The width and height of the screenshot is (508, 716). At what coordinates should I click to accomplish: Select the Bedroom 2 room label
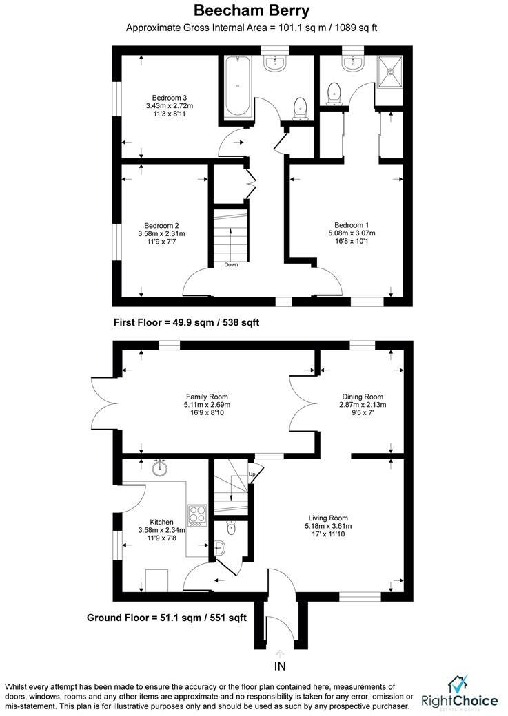click(161, 225)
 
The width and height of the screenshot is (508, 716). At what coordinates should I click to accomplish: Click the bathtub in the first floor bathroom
click(238, 87)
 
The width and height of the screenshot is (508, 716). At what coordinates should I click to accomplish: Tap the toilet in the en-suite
click(335, 92)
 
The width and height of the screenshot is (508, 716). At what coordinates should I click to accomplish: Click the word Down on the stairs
click(230, 264)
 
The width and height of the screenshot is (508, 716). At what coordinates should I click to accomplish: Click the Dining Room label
click(363, 397)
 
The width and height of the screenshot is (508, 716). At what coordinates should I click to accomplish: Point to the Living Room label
click(327, 518)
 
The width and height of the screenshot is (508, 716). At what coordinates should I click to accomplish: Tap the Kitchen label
click(161, 522)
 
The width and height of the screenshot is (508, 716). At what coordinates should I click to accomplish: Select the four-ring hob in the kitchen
click(198, 515)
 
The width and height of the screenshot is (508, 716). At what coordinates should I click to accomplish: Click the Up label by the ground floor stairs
click(252, 474)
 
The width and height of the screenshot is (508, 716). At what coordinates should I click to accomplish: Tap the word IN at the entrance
click(279, 666)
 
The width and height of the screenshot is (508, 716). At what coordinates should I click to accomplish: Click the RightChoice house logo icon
click(457, 684)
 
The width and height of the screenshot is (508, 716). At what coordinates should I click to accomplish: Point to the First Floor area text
click(185, 322)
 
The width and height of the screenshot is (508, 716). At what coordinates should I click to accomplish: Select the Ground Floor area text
click(166, 618)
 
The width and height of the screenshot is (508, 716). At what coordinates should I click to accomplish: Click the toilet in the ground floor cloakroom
click(231, 529)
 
